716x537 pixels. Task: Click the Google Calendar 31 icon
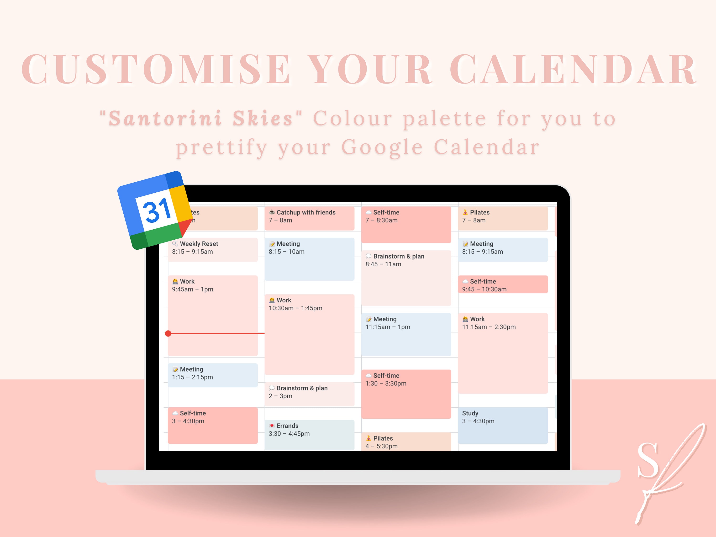(x=155, y=211)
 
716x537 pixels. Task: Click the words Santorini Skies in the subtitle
(x=201, y=118)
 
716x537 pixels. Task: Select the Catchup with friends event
(x=310, y=218)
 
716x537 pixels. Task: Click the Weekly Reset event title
(x=199, y=244)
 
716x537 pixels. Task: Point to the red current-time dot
(x=168, y=333)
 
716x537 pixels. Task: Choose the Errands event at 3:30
(x=310, y=435)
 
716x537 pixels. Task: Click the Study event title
(x=470, y=413)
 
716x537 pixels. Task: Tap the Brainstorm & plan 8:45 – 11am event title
(x=399, y=256)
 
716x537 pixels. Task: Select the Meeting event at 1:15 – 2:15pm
(x=213, y=375)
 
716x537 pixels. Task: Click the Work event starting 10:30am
(x=310, y=334)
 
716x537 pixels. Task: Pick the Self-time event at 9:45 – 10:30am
(x=503, y=284)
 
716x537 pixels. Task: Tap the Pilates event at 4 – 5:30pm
(x=406, y=442)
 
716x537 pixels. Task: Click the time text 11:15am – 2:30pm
(x=489, y=327)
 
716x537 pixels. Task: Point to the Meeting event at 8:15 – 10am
(x=310, y=259)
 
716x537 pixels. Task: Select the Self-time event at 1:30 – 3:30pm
(x=406, y=394)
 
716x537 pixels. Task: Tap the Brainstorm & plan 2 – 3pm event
(x=310, y=394)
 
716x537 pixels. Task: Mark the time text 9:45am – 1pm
(x=193, y=289)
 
